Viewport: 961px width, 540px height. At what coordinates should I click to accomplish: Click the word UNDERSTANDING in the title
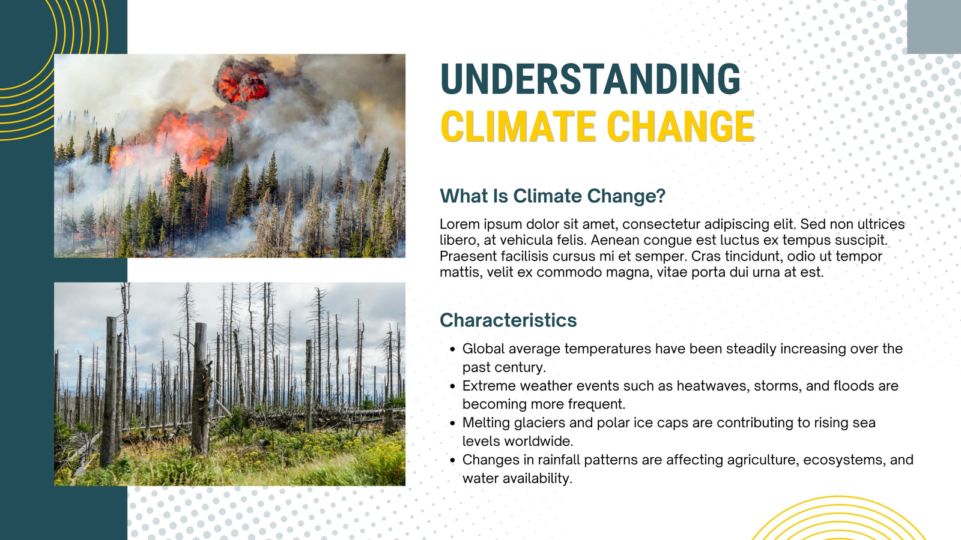(x=590, y=79)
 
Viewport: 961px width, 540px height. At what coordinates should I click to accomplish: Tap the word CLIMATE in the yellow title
(x=517, y=126)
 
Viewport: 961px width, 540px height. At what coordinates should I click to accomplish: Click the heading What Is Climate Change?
(x=553, y=196)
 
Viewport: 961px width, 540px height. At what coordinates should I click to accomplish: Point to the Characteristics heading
(x=508, y=320)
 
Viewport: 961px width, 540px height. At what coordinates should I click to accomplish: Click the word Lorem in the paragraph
(x=459, y=224)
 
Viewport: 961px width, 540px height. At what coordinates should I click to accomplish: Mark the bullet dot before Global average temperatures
(x=452, y=350)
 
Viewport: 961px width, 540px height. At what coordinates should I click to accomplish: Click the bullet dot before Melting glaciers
(x=452, y=424)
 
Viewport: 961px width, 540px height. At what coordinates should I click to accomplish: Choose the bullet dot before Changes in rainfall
(x=452, y=461)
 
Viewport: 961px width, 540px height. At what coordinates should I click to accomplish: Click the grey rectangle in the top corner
(x=934, y=26)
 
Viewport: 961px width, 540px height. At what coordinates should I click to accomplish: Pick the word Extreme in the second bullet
(x=489, y=386)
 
